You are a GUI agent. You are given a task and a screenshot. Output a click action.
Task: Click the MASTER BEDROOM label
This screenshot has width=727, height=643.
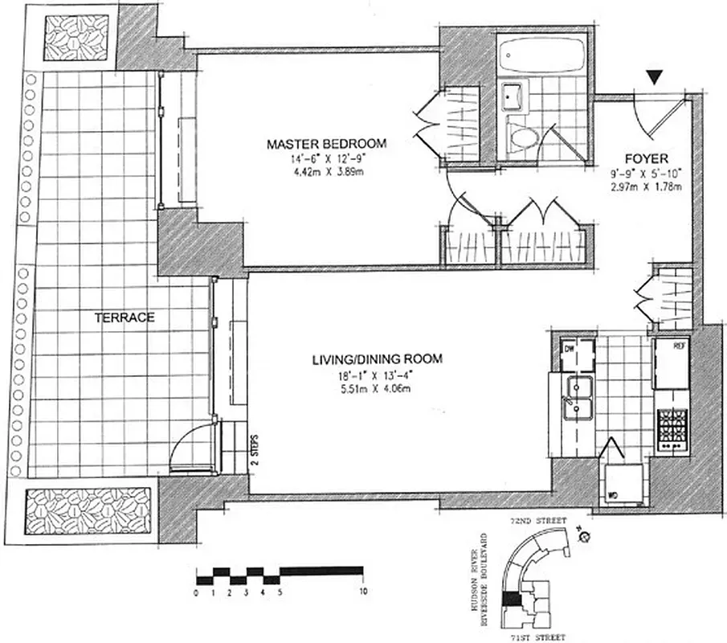point(327,145)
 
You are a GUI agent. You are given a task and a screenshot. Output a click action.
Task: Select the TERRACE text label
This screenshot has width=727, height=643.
point(125,317)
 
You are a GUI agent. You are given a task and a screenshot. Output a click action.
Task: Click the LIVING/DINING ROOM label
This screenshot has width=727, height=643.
point(376,359)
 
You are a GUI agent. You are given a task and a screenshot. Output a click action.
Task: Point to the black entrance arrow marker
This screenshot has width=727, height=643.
point(656,77)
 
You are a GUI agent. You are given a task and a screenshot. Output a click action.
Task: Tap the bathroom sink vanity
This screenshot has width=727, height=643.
point(511,99)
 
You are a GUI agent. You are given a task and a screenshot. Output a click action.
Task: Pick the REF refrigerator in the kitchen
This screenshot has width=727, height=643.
point(671,362)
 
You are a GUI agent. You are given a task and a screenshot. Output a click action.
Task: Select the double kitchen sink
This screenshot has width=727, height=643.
point(577,399)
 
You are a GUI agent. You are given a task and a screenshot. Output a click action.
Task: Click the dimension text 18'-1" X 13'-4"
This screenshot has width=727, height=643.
point(375,376)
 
